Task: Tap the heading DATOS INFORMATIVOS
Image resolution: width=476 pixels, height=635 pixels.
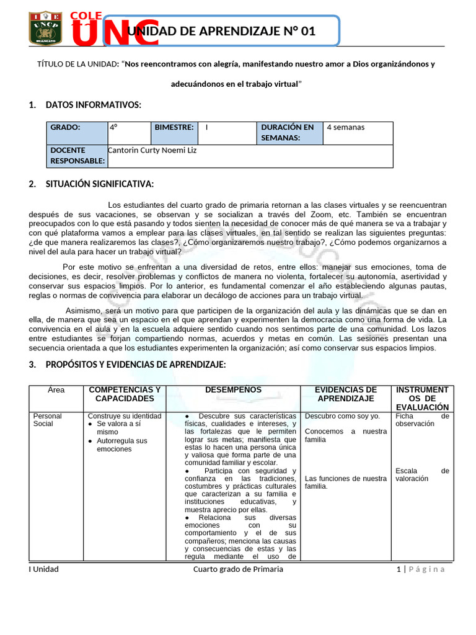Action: pyautogui.click(x=93, y=105)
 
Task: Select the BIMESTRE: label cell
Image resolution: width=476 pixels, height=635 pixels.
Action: pyautogui.click(x=174, y=127)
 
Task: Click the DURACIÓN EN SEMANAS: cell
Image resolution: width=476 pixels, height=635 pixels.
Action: pyautogui.click(x=289, y=133)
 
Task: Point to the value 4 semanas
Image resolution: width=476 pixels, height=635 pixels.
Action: pyautogui.click(x=345, y=127)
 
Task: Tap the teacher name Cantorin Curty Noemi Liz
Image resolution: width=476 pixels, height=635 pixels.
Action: pyautogui.click(x=152, y=150)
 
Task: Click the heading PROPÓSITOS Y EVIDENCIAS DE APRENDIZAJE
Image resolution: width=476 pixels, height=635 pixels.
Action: pyautogui.click(x=136, y=365)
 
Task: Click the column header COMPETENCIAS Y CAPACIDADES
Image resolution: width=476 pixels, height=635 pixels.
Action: pyautogui.click(x=125, y=394)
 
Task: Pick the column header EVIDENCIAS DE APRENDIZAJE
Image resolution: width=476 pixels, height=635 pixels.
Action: pyautogui.click(x=346, y=394)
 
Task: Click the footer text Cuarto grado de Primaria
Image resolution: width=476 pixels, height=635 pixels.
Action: pyautogui.click(x=238, y=569)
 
